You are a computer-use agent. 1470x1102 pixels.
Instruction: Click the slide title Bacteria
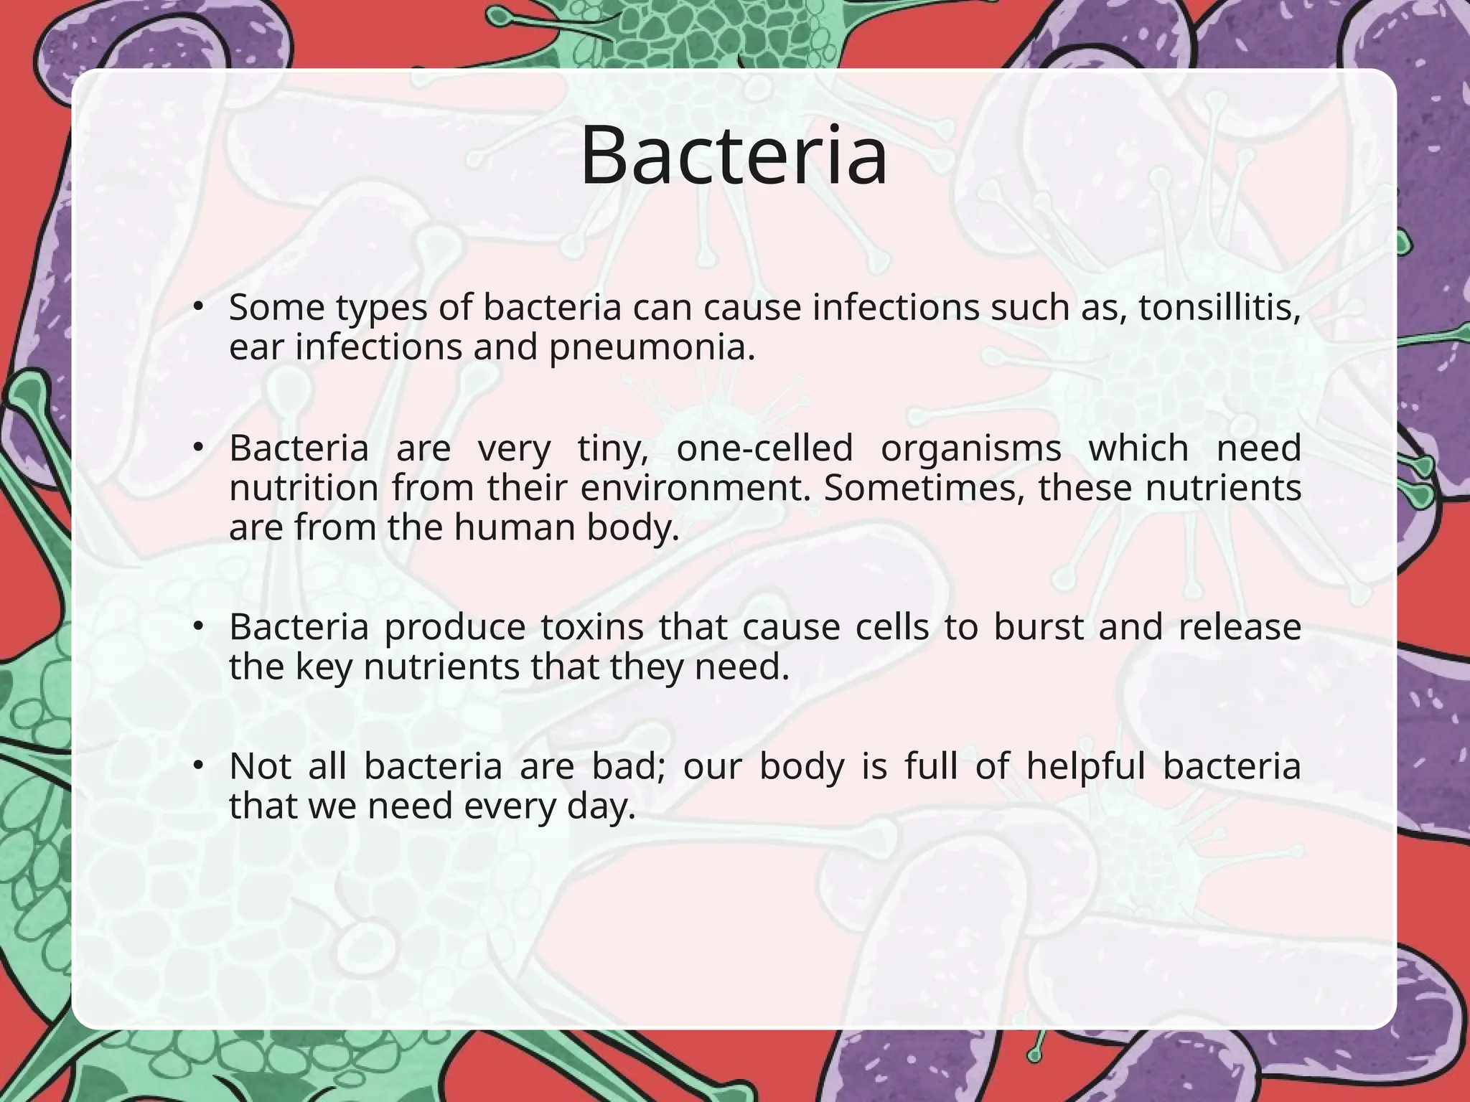(734, 156)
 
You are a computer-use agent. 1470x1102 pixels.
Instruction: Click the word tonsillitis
(1219, 308)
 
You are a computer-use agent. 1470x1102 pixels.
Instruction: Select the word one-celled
(764, 448)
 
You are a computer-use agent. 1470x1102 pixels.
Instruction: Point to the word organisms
(970, 448)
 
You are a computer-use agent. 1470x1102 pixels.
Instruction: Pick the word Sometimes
(924, 489)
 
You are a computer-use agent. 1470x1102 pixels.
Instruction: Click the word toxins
(592, 627)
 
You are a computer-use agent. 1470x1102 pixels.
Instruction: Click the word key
(324, 667)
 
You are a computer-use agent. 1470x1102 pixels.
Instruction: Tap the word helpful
(1085, 766)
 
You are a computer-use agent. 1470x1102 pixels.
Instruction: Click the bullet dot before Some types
(199, 308)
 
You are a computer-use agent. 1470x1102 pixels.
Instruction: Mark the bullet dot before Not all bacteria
(199, 766)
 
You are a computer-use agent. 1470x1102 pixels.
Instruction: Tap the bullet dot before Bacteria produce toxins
(199, 627)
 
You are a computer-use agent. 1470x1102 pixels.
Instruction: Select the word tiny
(612, 448)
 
